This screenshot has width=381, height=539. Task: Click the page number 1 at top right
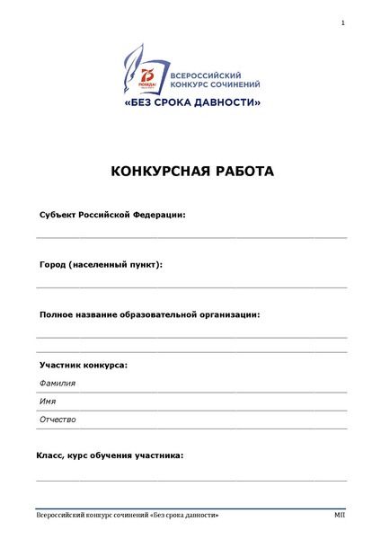pyautogui.click(x=343, y=22)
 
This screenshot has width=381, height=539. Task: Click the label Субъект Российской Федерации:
pyautogui.click(x=112, y=216)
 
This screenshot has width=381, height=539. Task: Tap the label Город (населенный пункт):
pyautogui.click(x=101, y=265)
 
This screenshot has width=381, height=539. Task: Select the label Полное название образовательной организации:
pyautogui.click(x=150, y=314)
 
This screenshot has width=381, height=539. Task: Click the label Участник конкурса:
pyautogui.click(x=83, y=365)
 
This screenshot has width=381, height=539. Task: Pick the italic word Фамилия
pyautogui.click(x=58, y=383)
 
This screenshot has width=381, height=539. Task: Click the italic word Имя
pyautogui.click(x=48, y=401)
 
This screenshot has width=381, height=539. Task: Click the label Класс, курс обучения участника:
pyautogui.click(x=110, y=455)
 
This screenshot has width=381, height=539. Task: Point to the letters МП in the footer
pyautogui.click(x=340, y=515)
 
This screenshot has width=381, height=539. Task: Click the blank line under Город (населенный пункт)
pyautogui.click(x=191, y=287)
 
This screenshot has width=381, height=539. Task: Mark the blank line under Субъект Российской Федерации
pyautogui.click(x=191, y=237)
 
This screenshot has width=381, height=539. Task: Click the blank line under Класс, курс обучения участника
pyautogui.click(x=191, y=480)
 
